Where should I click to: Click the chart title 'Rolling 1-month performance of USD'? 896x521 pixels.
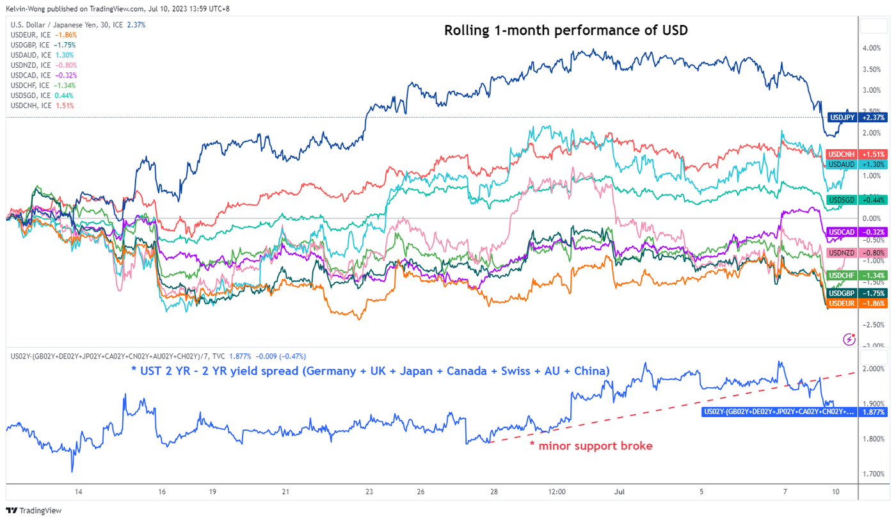566,31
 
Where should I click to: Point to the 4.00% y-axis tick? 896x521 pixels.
872,48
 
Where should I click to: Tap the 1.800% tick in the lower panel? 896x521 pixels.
872,439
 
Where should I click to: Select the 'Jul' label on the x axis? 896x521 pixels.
619,492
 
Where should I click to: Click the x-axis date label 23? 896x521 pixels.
369,492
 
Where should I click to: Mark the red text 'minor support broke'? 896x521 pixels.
591,445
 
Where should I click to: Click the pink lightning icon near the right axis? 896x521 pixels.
849,339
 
